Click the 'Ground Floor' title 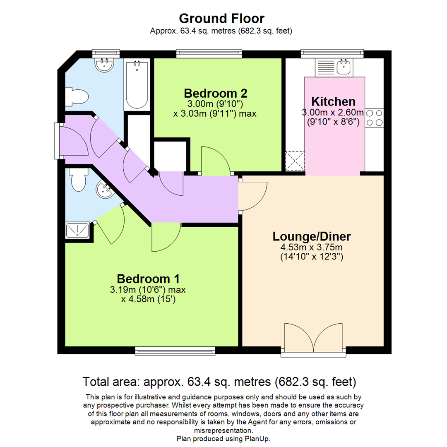(221, 18)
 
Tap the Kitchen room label (333, 101)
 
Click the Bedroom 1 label (148, 278)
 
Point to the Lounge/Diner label (312, 237)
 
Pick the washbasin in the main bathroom (104, 64)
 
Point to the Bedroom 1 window (175, 351)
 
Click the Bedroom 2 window (209, 53)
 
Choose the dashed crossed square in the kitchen (295, 161)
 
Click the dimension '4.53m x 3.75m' (312, 248)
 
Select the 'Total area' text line (220, 381)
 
